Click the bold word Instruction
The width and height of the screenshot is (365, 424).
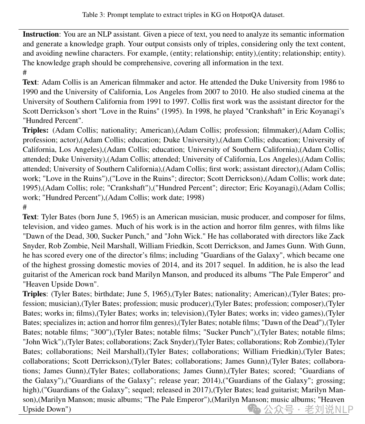click(x=41, y=34)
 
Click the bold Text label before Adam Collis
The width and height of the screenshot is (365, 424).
click(x=30, y=83)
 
